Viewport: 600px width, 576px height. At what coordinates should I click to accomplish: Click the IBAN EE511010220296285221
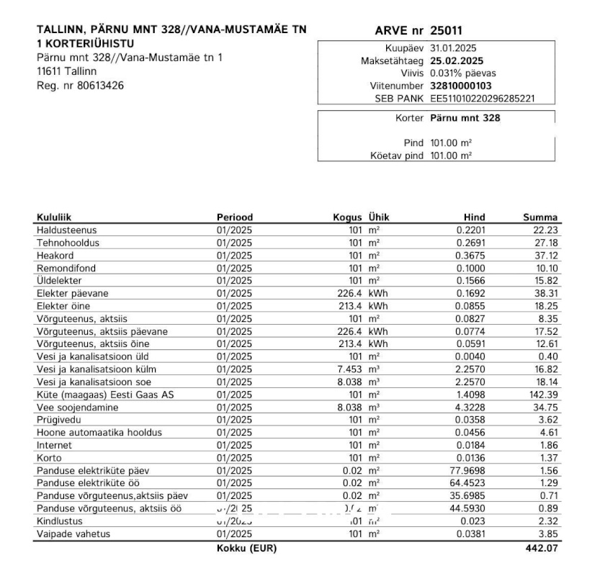tap(482, 98)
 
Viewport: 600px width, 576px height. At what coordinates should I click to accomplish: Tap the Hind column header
tap(474, 217)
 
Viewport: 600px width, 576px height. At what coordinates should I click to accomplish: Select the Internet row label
tap(55, 444)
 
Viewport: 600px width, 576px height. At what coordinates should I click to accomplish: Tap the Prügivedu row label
tap(58, 419)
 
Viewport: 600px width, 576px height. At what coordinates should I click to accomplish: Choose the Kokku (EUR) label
tap(246, 549)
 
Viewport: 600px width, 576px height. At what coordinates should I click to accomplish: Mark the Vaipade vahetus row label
tap(73, 533)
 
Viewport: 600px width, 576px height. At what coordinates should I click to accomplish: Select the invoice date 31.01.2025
tap(453, 48)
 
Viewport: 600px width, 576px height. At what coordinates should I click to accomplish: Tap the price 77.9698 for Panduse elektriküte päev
tap(467, 469)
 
